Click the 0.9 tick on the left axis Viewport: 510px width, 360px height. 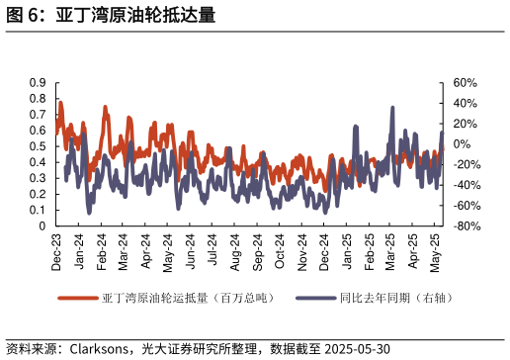39,83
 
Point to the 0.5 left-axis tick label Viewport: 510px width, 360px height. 39,146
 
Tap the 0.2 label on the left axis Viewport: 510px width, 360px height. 39,195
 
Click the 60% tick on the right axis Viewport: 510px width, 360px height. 466,83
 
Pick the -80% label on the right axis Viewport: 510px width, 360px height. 467,226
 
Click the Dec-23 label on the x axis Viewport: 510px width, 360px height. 57,251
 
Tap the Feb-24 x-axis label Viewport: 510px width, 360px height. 102,251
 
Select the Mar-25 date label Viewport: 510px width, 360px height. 392,251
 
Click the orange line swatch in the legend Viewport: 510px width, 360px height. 78,298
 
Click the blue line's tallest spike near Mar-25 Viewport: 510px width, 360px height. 392,108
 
